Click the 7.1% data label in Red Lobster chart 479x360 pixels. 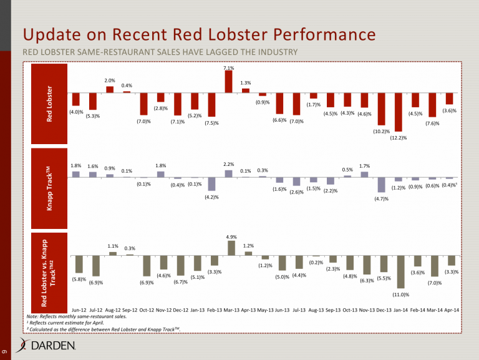click(228, 67)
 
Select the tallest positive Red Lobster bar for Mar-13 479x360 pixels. click(228, 81)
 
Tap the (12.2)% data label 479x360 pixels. click(399, 138)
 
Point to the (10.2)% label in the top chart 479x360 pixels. click(381, 131)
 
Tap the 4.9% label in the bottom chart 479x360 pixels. click(231, 236)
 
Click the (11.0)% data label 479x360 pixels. click(400, 294)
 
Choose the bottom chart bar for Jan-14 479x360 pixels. click(399, 272)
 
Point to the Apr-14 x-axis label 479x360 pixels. click(452, 310)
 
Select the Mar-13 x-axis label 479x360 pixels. click(231, 310)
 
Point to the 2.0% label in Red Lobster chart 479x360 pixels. click(110, 80)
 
